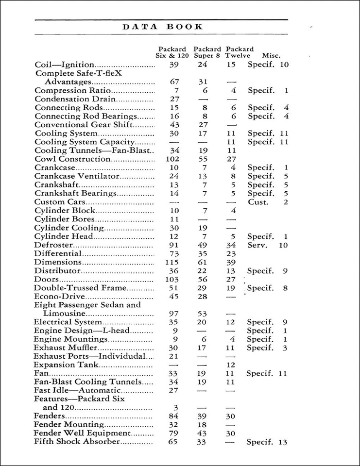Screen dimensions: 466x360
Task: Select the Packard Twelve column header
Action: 240,52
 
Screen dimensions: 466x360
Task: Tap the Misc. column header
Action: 271,56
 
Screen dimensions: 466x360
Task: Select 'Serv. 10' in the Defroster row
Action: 268,245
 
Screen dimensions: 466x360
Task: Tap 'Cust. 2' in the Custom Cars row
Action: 268,202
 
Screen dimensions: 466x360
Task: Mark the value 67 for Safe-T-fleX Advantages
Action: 175,82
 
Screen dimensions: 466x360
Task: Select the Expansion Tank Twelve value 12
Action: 231,365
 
